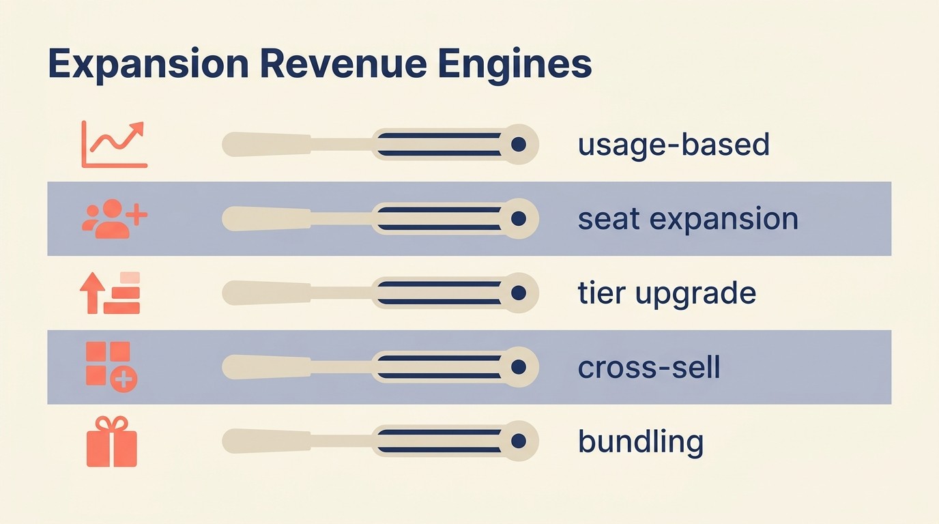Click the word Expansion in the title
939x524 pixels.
(x=147, y=65)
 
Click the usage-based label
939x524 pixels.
(x=674, y=145)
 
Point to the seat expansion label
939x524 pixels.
(x=688, y=219)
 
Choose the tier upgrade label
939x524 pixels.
(x=667, y=293)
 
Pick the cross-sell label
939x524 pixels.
(x=649, y=368)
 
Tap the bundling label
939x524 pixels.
(x=640, y=442)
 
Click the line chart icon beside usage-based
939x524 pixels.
(x=114, y=144)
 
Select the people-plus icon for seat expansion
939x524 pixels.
(x=114, y=218)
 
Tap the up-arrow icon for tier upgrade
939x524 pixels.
(x=110, y=293)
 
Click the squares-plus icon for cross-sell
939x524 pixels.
(x=111, y=367)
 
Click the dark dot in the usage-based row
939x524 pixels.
(x=519, y=144)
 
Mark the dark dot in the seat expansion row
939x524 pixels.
(x=519, y=218)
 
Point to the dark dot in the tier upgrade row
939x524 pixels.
(x=519, y=293)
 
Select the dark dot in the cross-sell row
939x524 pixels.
(x=519, y=367)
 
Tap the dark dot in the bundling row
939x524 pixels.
(x=519, y=441)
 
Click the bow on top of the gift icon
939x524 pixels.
(x=112, y=423)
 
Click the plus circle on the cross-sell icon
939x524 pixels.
(x=124, y=379)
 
